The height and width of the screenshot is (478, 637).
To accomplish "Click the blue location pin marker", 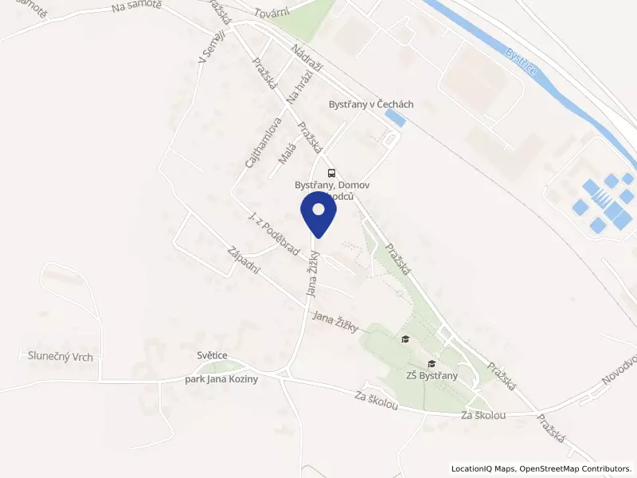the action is point(318,213).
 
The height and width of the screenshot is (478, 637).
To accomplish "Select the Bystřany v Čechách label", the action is point(371,104).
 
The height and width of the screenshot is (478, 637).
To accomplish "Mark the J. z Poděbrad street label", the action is point(273,234).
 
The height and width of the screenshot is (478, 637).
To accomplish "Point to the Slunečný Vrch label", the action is point(61,357).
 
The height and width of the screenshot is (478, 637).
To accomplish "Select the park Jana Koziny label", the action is point(221,379).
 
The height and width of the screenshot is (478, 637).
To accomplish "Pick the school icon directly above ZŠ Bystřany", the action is point(431,363).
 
